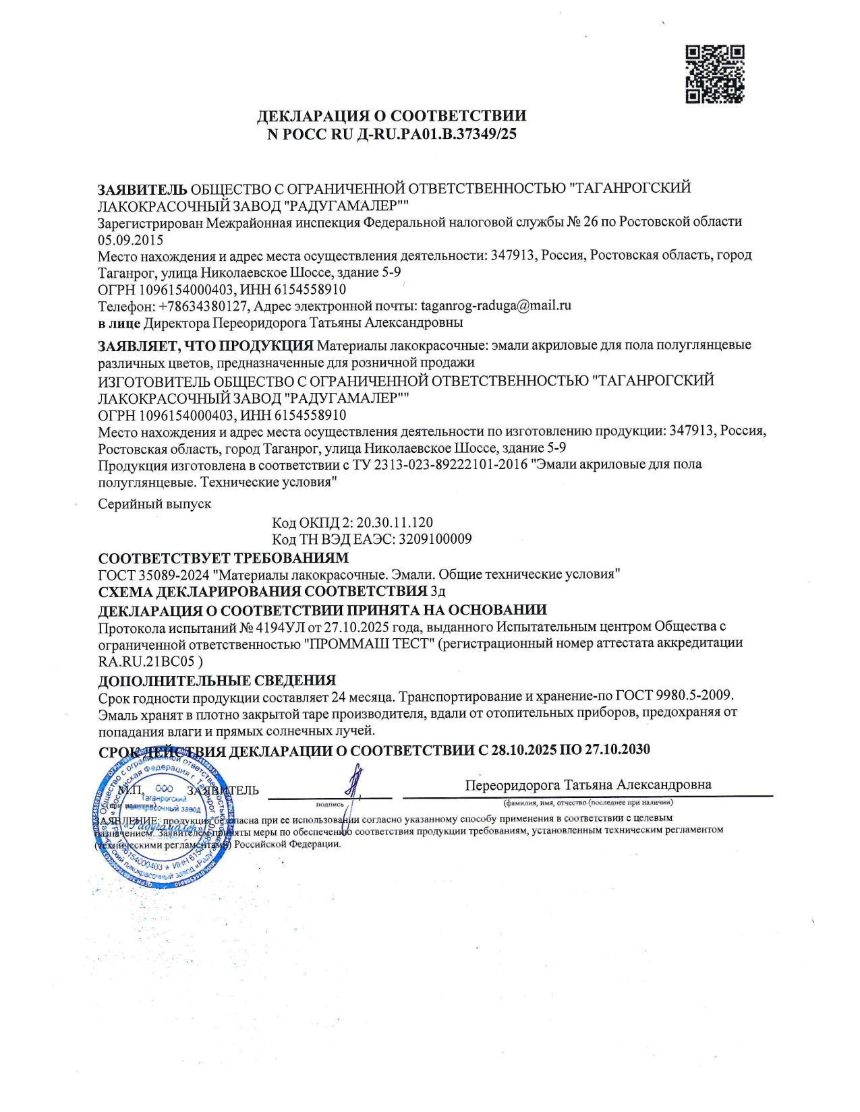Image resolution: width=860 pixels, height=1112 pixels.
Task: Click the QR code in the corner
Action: tap(715, 74)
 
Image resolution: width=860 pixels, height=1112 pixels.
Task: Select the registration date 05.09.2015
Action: tap(130, 239)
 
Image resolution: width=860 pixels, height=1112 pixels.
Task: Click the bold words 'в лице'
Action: tap(119, 323)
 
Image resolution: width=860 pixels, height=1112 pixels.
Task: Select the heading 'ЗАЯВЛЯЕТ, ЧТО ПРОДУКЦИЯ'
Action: tap(206, 346)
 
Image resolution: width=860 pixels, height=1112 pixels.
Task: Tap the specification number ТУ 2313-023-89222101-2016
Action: tap(436, 464)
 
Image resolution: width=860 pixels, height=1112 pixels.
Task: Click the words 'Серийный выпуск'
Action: tap(154, 503)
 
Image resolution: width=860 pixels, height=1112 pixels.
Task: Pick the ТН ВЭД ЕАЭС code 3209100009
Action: tap(435, 539)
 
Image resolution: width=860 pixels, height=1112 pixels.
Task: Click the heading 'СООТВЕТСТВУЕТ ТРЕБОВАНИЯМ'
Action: tap(223, 558)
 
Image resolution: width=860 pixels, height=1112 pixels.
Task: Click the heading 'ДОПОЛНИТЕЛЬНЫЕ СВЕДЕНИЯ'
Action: tap(217, 680)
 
